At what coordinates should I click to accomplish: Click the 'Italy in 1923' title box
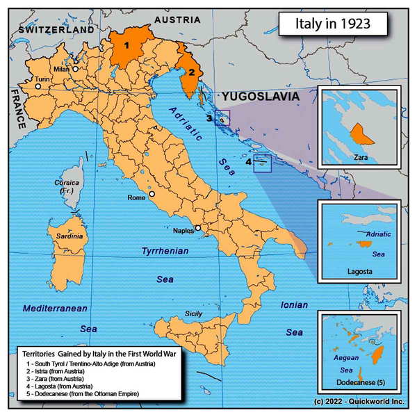[x=333, y=25]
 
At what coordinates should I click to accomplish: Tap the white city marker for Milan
[x=74, y=69]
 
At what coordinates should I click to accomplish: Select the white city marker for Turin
[x=39, y=87]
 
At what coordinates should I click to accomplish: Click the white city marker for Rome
[x=152, y=195]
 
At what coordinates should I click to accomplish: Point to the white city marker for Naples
[x=197, y=228]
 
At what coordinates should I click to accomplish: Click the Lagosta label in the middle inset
[x=358, y=275]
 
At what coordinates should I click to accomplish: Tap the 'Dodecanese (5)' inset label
[x=358, y=382]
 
